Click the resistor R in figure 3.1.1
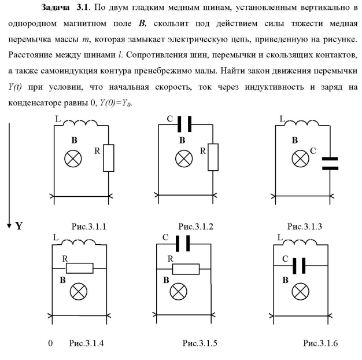coord(109,158)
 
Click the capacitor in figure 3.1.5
coord(186,243)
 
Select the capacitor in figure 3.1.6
coord(298,266)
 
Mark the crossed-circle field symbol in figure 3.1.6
coord(299,291)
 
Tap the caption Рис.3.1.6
coord(320,344)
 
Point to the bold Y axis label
coord(19,226)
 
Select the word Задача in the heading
coord(58,9)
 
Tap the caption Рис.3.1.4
coord(87,344)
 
